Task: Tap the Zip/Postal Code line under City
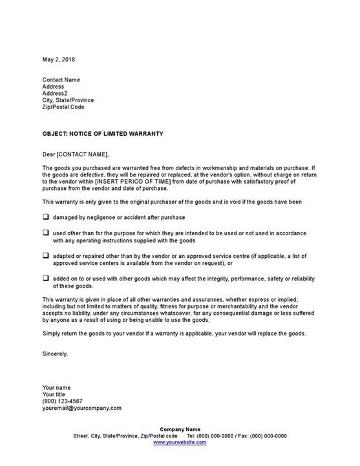[x=63, y=107]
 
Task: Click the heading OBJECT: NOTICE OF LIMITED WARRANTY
[x=103, y=134]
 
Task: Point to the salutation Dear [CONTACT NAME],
[x=76, y=154]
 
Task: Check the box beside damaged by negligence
[x=46, y=217]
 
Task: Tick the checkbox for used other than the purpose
[x=46, y=232]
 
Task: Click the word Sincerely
[x=55, y=354]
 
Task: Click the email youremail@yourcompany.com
[x=82, y=408]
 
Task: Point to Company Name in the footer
[x=180, y=430]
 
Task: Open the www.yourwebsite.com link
[x=180, y=443]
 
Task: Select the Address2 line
[x=55, y=93]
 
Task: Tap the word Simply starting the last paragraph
[x=52, y=334]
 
